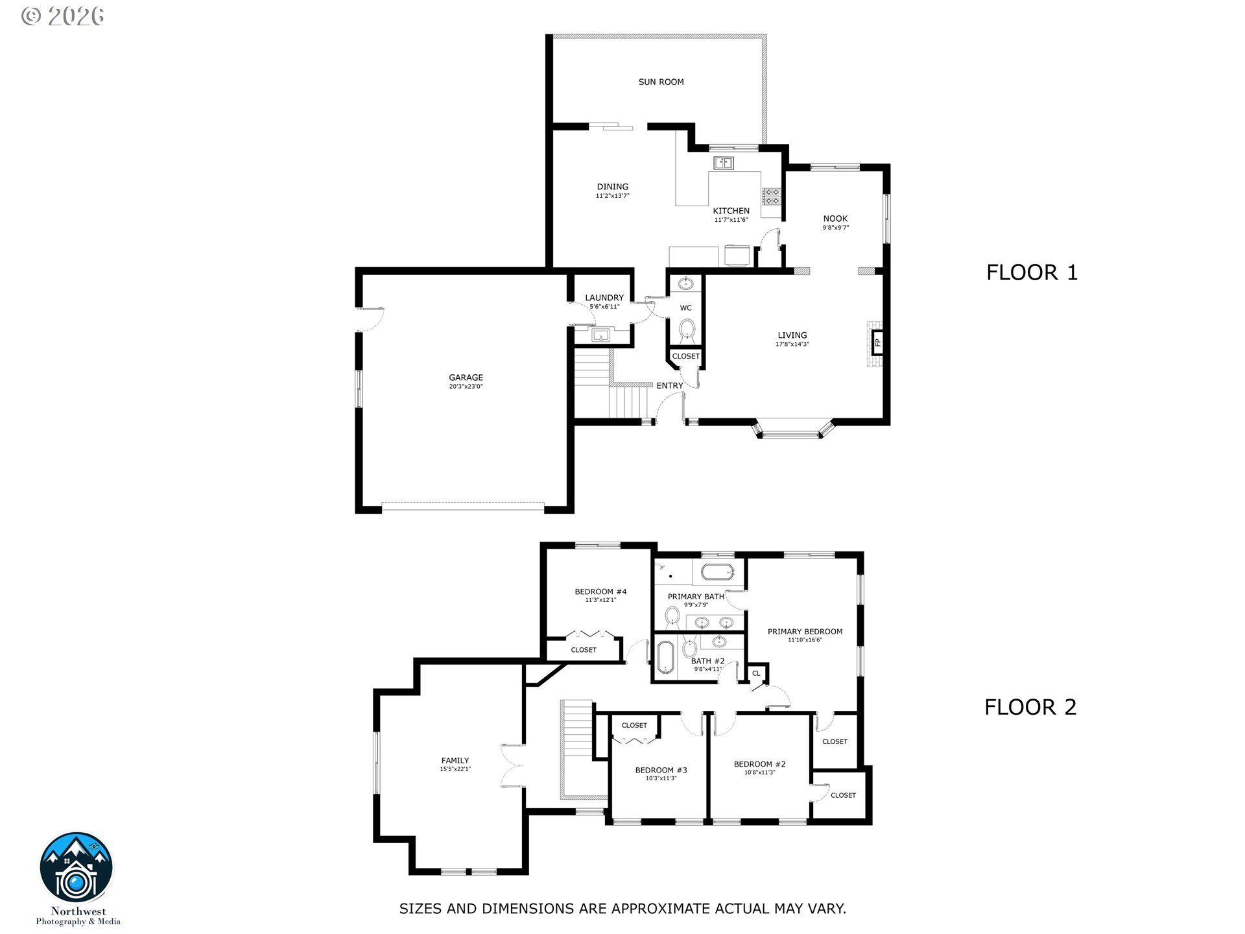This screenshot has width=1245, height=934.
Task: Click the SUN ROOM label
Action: coord(661,82)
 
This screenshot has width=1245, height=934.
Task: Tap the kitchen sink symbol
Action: coord(724,163)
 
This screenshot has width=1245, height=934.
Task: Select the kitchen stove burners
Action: coord(771,196)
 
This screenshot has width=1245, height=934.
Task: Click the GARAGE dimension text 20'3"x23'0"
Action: coord(466,387)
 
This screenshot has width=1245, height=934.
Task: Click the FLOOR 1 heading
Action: coord(1032,272)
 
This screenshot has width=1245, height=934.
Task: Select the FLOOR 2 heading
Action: coord(1030,707)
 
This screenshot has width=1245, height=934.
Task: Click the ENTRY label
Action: coord(670,385)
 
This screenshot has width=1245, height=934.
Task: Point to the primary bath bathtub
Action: coord(717,572)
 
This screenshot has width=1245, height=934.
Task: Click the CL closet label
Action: coord(756,673)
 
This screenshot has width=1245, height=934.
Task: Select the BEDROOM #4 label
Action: coord(600,592)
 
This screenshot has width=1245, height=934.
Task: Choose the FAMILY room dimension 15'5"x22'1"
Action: coord(455,769)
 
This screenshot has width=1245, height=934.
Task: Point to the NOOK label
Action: coord(836,219)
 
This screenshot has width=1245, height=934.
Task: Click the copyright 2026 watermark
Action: coord(63,16)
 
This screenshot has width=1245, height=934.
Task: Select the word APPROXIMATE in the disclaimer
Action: coord(661,909)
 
